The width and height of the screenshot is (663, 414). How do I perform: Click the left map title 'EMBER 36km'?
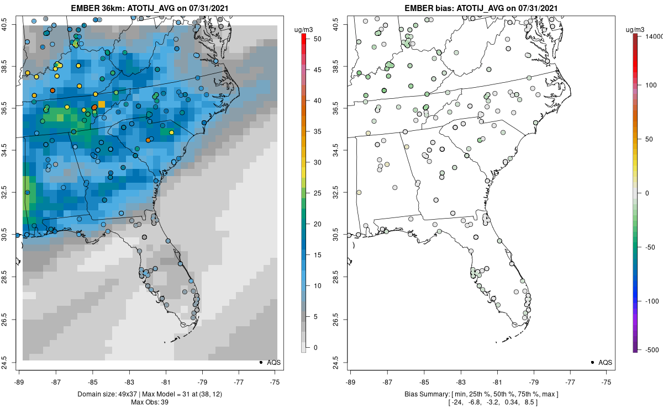point(97,8)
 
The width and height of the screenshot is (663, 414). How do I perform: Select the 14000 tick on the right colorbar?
point(653,36)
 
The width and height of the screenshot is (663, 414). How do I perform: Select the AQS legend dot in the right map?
point(592,362)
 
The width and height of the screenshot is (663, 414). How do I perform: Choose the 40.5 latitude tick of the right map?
point(344,25)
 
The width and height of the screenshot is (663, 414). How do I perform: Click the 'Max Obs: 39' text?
point(149,402)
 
